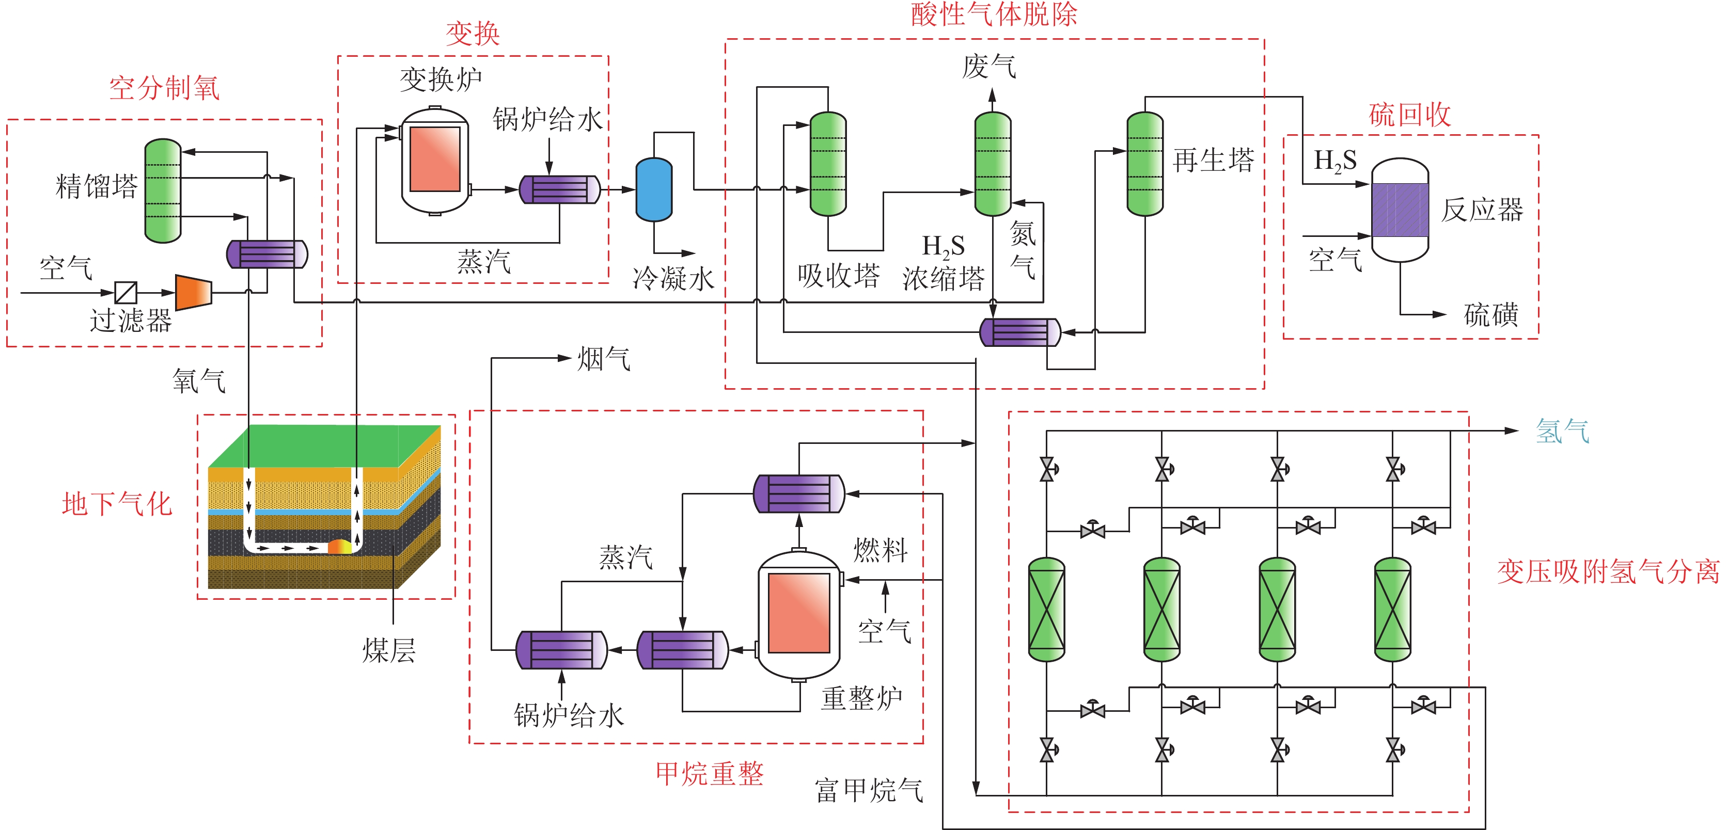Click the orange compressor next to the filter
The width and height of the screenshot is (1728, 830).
(x=193, y=292)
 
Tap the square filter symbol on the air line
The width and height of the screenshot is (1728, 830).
(x=125, y=292)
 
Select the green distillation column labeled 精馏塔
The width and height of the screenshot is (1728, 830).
(x=163, y=190)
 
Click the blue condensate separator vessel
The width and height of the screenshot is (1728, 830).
(x=653, y=190)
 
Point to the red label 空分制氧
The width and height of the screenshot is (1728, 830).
(x=164, y=88)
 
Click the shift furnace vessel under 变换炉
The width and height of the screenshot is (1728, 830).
(x=435, y=161)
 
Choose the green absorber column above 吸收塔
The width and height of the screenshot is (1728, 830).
(x=828, y=164)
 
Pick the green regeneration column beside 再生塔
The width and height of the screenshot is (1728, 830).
(x=1144, y=164)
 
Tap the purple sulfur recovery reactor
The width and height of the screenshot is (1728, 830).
(x=1400, y=210)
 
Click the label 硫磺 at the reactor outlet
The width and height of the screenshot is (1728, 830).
(x=1490, y=314)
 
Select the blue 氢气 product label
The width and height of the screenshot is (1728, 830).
(x=1562, y=431)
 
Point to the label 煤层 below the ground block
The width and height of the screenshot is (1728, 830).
(x=389, y=650)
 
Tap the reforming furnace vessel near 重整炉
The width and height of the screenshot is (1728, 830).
(x=798, y=613)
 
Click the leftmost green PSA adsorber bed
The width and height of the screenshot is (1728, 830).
(x=1046, y=609)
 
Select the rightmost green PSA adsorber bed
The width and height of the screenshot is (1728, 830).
(x=1393, y=609)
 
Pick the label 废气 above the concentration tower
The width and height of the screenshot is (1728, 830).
(x=989, y=67)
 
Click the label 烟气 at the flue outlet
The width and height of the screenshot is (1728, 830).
(x=604, y=359)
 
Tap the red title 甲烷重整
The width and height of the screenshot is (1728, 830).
(x=709, y=774)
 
